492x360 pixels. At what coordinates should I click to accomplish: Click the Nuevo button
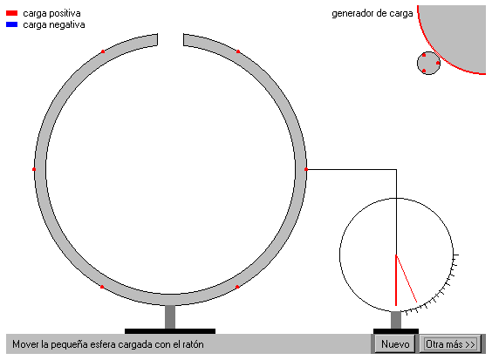pyautogui.click(x=395, y=344)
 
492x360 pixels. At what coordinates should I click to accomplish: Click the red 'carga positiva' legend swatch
pyautogui.click(x=12, y=13)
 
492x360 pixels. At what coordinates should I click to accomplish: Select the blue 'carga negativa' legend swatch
pyautogui.click(x=12, y=24)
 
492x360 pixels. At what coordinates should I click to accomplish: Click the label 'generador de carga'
pyautogui.click(x=372, y=13)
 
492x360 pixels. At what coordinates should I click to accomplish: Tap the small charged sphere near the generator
pyautogui.click(x=428, y=63)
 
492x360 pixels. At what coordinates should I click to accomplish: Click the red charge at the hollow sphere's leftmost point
pyautogui.click(x=34, y=169)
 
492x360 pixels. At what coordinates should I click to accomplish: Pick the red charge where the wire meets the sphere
pyautogui.click(x=306, y=169)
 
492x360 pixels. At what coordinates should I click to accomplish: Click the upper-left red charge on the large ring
pyautogui.click(x=103, y=51)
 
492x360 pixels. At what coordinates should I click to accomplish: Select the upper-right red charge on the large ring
pyautogui.click(x=238, y=51)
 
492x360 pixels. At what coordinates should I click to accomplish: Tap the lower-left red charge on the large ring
pyautogui.click(x=102, y=287)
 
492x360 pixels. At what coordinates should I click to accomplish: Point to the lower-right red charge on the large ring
pyautogui.click(x=237, y=287)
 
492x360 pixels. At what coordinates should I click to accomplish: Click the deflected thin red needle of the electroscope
pyautogui.click(x=407, y=279)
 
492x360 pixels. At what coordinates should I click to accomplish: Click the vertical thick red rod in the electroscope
pyautogui.click(x=396, y=281)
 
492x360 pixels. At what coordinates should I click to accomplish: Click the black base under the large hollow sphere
pyautogui.click(x=170, y=331)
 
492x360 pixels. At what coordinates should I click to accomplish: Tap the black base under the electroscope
pyautogui.click(x=396, y=331)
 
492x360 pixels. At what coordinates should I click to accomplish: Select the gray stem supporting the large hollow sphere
pyautogui.click(x=170, y=316)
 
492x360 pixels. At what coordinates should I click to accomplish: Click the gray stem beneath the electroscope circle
pyautogui.click(x=396, y=320)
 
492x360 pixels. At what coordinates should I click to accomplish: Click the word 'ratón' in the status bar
pyautogui.click(x=192, y=344)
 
